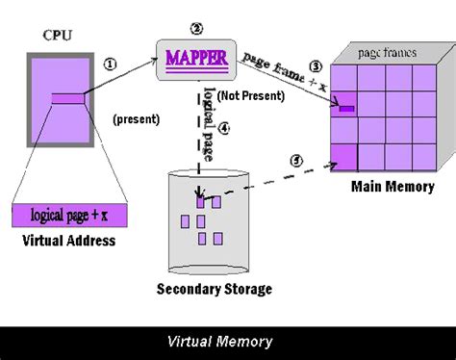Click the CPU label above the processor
(x=57, y=36)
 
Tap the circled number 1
(x=110, y=65)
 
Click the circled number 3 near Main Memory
(x=314, y=66)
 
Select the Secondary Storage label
(x=214, y=289)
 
